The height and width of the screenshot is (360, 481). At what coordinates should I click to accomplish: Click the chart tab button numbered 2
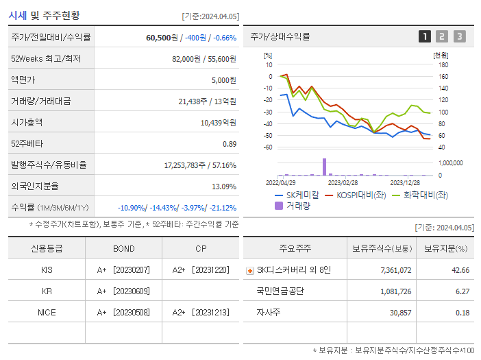442,36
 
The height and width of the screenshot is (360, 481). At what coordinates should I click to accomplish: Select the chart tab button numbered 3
459,36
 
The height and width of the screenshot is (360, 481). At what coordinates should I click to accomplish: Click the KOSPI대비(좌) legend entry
349,195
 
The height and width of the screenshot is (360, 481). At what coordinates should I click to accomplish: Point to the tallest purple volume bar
323,167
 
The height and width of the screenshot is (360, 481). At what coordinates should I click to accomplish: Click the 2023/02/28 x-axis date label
343,182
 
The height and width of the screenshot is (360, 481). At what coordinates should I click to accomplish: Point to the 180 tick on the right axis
442,65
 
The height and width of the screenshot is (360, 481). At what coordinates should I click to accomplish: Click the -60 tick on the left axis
269,147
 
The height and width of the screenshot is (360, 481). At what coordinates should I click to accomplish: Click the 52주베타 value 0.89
229,143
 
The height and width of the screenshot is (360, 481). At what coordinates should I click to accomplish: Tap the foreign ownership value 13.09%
223,186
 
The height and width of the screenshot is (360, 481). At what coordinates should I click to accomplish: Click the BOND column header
123,248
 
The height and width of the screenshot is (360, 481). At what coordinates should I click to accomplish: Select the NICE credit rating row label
47,312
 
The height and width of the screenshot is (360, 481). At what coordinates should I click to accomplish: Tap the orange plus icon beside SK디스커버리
249,270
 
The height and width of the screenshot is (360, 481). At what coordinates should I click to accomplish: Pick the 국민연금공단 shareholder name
280,291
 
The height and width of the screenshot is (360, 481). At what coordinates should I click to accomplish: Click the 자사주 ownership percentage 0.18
462,312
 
